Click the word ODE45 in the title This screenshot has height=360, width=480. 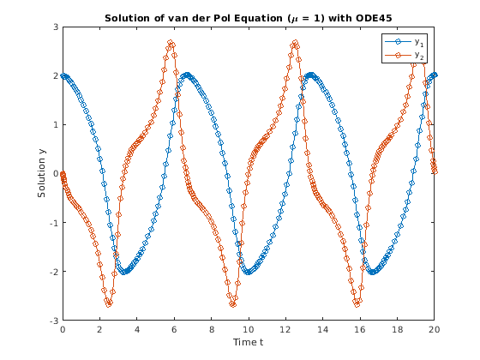[x=374, y=18]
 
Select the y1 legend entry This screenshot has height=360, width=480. [x=404, y=42]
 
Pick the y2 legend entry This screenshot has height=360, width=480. [x=404, y=55]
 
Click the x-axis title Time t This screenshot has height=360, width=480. [x=248, y=342]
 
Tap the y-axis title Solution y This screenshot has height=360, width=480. [x=42, y=173]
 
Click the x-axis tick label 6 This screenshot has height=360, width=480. [x=174, y=329]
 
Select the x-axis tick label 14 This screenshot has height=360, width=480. [x=322, y=329]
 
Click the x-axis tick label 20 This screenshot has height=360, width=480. [x=434, y=329]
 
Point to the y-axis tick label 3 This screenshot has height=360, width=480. [x=56, y=27]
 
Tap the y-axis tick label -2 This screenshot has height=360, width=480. [x=54, y=271]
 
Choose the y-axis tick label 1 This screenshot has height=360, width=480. [x=56, y=124]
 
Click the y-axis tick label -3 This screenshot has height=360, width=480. [x=54, y=321]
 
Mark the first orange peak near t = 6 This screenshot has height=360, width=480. [x=171, y=42]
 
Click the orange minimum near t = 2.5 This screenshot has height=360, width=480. [x=109, y=304]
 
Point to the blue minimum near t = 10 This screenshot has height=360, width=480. [x=249, y=272]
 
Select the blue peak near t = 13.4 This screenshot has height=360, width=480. [x=311, y=75]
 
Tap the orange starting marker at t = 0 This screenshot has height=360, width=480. [x=63, y=173]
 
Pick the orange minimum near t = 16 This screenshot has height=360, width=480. [x=357, y=304]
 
